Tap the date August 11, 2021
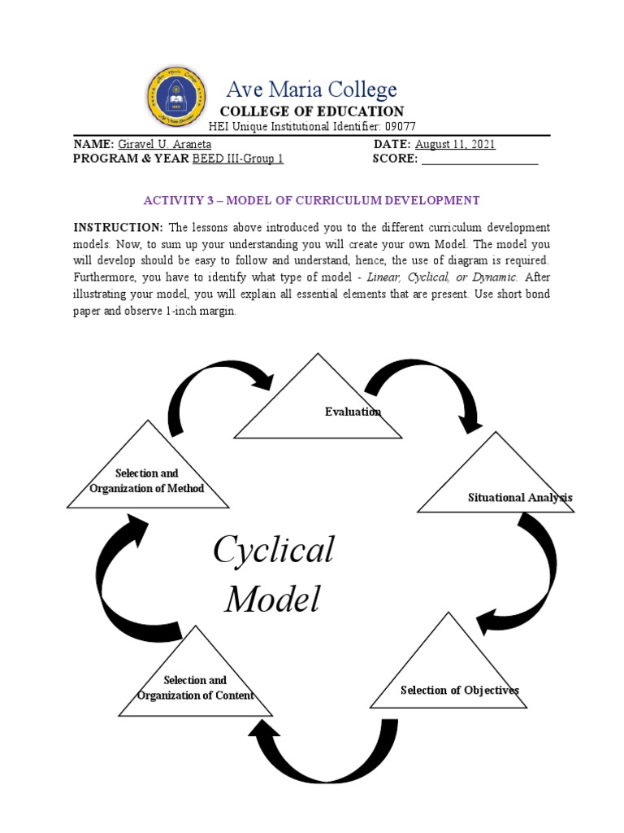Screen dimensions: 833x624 click(455, 144)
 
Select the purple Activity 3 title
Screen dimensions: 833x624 click(311, 200)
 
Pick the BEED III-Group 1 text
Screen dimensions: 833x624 click(237, 159)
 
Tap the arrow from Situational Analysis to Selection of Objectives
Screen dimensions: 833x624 click(529, 578)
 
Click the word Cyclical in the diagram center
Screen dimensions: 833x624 click(273, 551)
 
